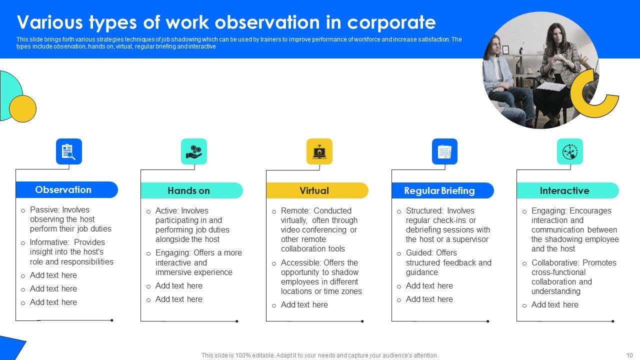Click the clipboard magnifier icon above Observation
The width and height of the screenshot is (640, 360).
pyautogui.click(x=68, y=151)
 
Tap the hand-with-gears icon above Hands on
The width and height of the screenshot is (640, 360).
pyautogui.click(x=193, y=151)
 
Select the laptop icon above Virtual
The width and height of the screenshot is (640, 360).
pyautogui.click(x=319, y=151)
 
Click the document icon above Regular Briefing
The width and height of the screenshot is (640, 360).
pyautogui.click(x=444, y=151)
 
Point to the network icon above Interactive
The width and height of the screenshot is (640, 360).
pyautogui.click(x=569, y=151)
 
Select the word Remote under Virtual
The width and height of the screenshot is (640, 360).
pyautogui.click(x=295, y=211)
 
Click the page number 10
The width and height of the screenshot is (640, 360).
pyautogui.click(x=629, y=355)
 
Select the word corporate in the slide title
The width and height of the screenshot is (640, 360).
pyautogui.click(x=391, y=22)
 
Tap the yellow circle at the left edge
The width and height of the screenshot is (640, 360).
pyautogui.click(x=22, y=108)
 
